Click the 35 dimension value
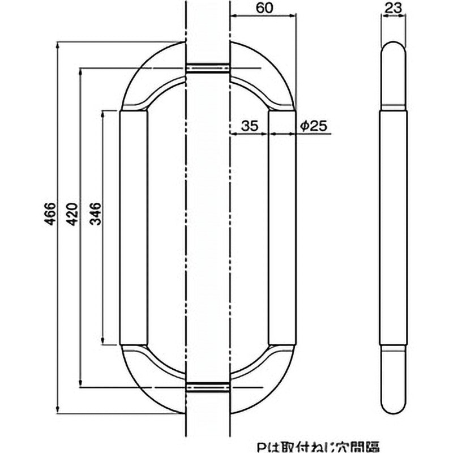click(249, 126)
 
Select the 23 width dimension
click(392, 8)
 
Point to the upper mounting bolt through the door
click(208, 69)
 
